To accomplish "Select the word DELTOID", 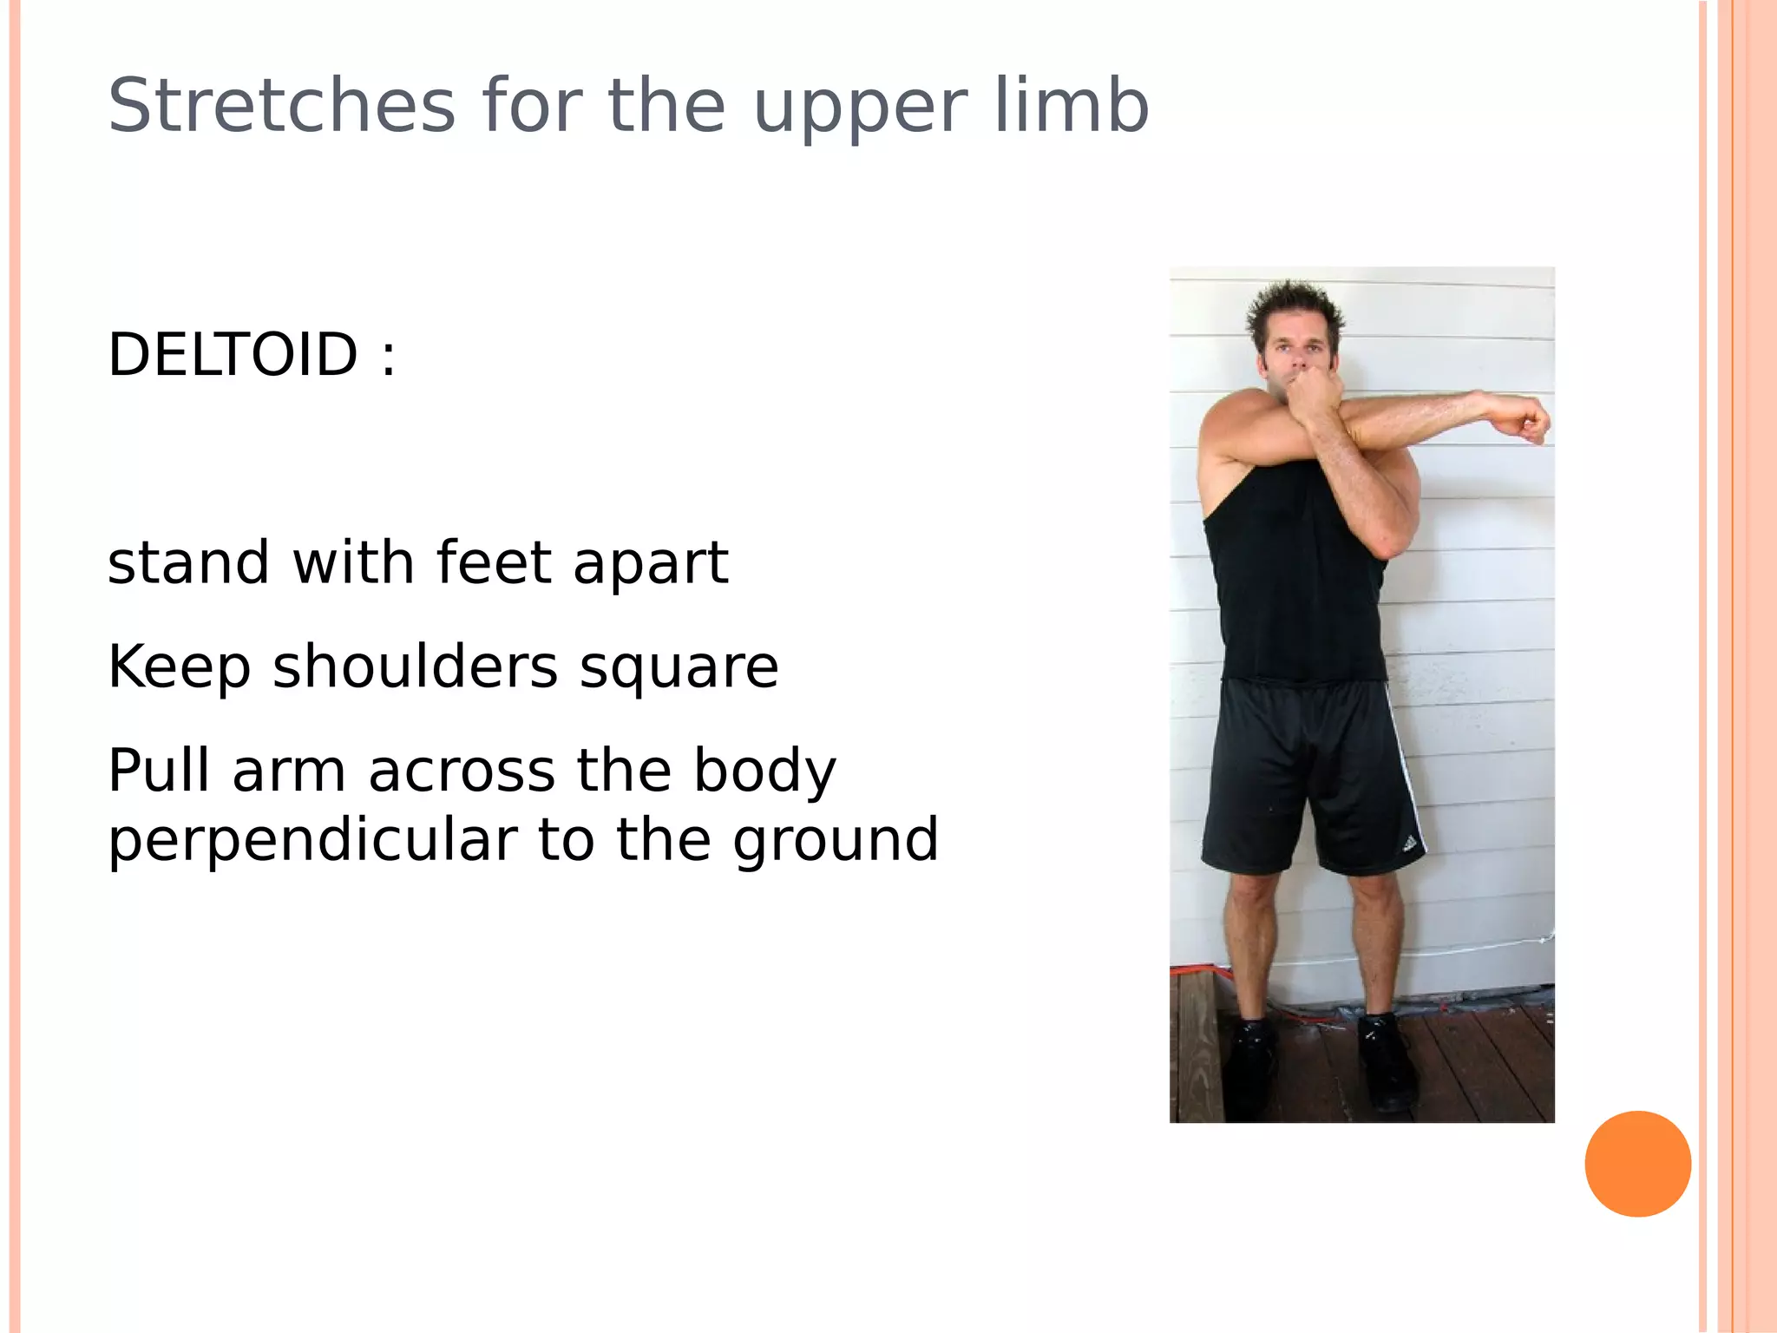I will (233, 355).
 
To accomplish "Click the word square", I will (679, 668).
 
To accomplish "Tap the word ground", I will (836, 842).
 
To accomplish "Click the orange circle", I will (1637, 1164).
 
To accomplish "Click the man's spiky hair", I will (1294, 309).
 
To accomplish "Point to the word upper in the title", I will (859, 109).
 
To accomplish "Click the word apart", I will (650, 564).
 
